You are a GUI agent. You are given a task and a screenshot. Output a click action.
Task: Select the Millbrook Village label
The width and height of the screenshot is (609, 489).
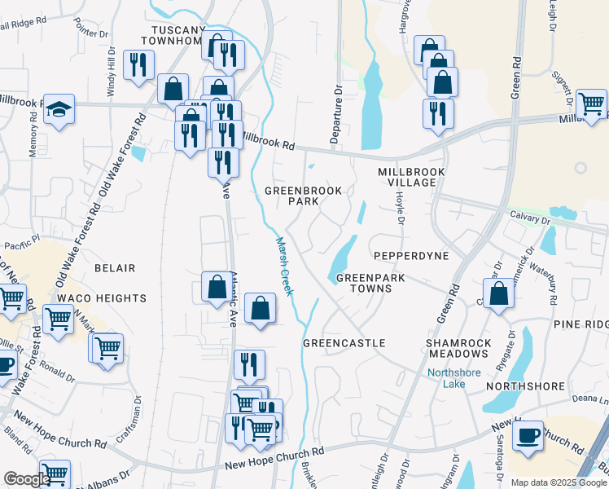(407, 178)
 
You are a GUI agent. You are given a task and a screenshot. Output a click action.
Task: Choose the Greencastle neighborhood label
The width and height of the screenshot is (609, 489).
(344, 343)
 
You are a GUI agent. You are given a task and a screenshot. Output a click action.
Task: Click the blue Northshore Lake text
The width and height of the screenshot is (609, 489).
(455, 380)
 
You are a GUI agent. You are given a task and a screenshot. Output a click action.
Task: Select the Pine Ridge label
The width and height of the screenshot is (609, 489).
(581, 324)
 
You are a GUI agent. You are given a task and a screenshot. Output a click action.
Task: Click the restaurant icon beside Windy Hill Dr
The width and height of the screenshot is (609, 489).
(138, 64)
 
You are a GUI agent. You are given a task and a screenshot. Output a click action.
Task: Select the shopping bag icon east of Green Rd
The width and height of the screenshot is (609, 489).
(498, 293)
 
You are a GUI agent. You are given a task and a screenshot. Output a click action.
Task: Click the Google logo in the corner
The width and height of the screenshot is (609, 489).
(26, 479)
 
